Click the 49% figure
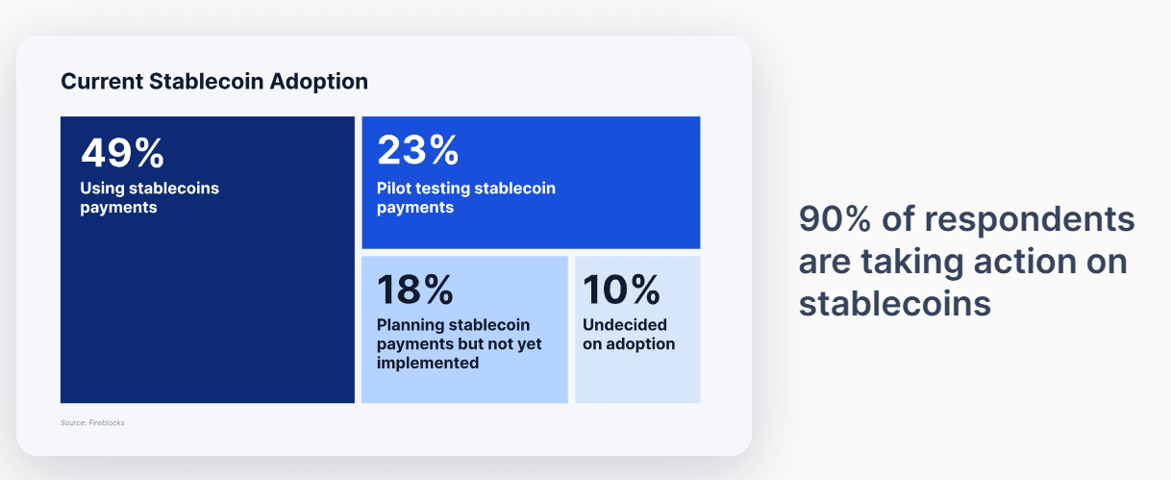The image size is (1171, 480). click(122, 153)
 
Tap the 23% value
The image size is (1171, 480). click(417, 150)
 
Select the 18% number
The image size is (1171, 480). click(415, 290)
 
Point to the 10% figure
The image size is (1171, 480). click(621, 290)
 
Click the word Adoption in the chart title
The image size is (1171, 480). click(319, 82)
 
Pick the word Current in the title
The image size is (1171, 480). click(102, 82)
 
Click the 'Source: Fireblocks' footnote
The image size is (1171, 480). click(92, 422)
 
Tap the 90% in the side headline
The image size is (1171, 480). click(835, 218)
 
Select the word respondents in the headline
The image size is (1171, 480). click(1030, 220)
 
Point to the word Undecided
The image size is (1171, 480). click(625, 325)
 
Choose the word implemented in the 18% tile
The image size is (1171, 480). click(428, 363)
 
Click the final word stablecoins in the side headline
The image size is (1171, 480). click(895, 304)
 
